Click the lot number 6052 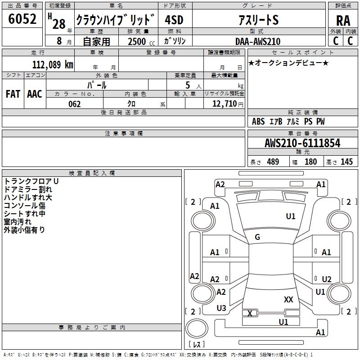tap(22, 19)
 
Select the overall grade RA tap(343, 21)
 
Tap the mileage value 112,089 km tap(53, 65)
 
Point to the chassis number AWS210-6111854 tap(302, 143)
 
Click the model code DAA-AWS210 tap(258, 41)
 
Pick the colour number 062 tap(75, 104)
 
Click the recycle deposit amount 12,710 tap(225, 104)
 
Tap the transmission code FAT tap(13, 94)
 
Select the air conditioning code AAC tap(35, 94)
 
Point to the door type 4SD tap(174, 20)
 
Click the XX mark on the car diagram tap(288, 300)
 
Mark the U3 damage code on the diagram tap(221, 308)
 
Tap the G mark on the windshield tap(257, 237)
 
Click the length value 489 tap(273, 162)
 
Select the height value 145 tap(346, 162)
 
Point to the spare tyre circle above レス tap(197, 328)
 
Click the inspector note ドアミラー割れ tap(28, 189)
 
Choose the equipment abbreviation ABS tap(258, 121)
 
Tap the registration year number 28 tap(59, 24)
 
